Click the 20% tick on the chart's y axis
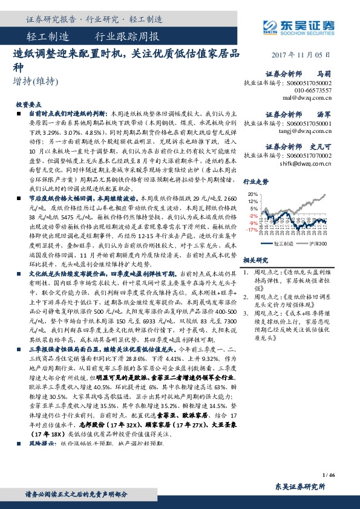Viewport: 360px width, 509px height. (254, 194)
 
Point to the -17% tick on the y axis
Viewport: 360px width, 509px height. (252, 230)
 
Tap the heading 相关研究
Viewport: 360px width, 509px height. (255, 259)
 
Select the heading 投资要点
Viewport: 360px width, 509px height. (28, 104)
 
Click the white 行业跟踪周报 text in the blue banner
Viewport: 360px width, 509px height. (127, 37)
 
